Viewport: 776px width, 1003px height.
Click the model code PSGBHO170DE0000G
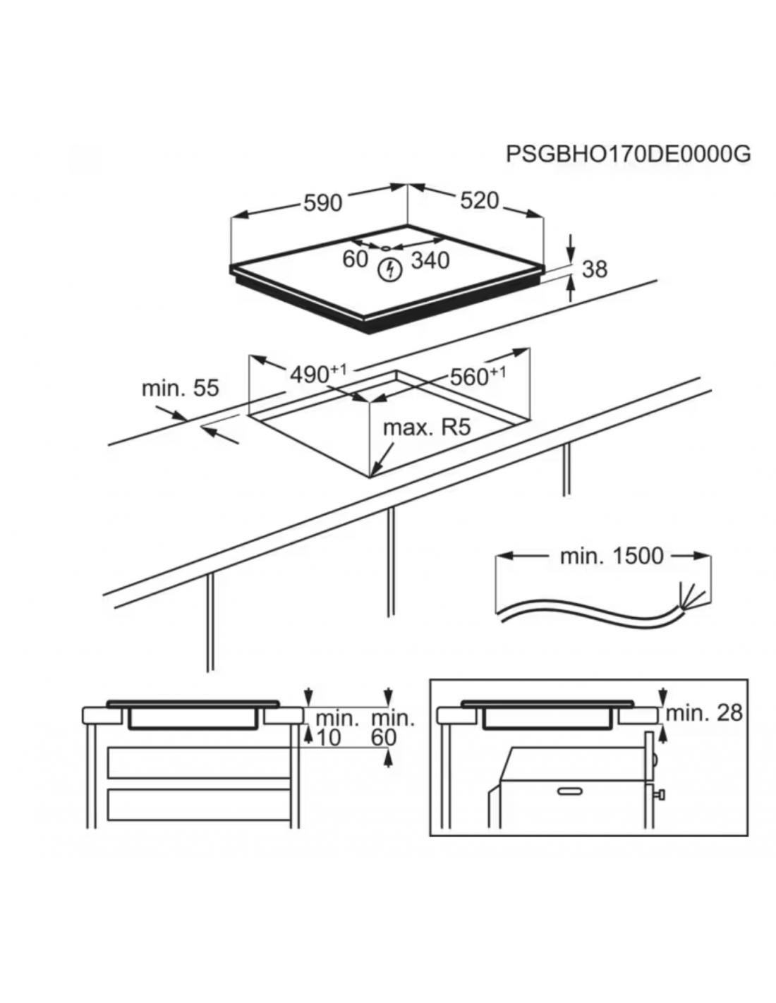628,154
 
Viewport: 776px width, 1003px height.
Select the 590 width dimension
322,203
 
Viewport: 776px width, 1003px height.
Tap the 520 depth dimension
479,201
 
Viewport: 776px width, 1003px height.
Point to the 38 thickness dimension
595,269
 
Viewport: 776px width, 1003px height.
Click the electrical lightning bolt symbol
391,271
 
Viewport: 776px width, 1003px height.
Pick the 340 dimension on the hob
430,261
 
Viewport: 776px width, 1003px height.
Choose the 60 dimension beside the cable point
355,260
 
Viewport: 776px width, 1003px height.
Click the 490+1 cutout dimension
318,374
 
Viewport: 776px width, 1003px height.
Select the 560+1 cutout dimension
478,376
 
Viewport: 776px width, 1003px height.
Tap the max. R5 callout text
427,428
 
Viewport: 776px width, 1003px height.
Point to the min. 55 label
180,388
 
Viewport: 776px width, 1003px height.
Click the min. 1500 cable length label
612,557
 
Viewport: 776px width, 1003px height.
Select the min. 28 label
704,713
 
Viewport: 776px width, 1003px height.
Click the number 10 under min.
329,738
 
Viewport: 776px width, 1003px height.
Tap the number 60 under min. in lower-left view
384,738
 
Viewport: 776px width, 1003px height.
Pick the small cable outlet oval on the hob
385,248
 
